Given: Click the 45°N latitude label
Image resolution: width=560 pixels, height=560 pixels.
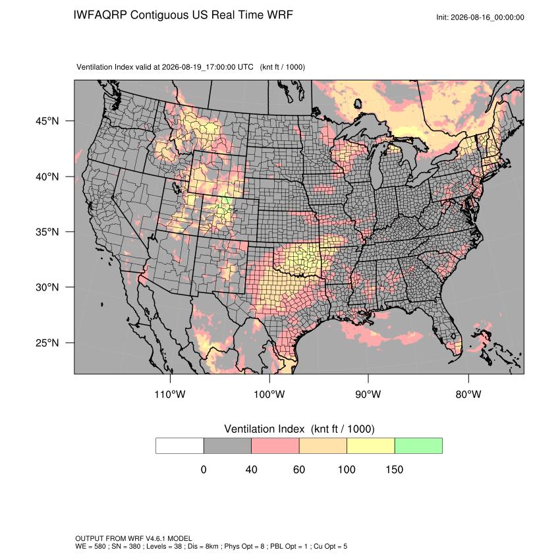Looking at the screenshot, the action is (47, 121).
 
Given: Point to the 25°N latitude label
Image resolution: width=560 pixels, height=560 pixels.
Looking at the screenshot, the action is (47, 343).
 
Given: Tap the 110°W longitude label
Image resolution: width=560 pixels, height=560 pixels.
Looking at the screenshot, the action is (170, 394).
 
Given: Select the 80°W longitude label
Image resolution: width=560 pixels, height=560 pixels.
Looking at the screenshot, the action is (468, 394).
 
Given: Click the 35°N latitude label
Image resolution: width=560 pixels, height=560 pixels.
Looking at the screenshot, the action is (47, 232).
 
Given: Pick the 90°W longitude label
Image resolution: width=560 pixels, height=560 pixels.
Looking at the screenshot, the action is (368, 394).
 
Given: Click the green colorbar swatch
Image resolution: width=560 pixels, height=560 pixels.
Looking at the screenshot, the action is (418, 446).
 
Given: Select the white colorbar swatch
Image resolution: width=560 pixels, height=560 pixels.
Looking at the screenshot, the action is (180, 446).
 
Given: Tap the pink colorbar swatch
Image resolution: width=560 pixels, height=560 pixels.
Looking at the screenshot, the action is (275, 446).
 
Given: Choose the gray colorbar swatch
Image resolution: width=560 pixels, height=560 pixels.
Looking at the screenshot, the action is (227, 446).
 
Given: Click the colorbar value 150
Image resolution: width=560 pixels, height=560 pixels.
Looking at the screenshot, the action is (394, 469).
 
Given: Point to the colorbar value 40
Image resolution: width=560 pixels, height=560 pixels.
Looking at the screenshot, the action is (251, 469).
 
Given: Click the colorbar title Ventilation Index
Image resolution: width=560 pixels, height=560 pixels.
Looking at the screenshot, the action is (264, 429).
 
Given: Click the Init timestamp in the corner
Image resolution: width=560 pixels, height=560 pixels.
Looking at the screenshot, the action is (480, 17).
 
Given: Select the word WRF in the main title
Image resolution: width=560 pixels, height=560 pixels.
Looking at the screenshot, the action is (281, 15).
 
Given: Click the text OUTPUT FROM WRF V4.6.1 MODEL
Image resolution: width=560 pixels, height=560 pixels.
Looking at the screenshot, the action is (134, 538).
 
